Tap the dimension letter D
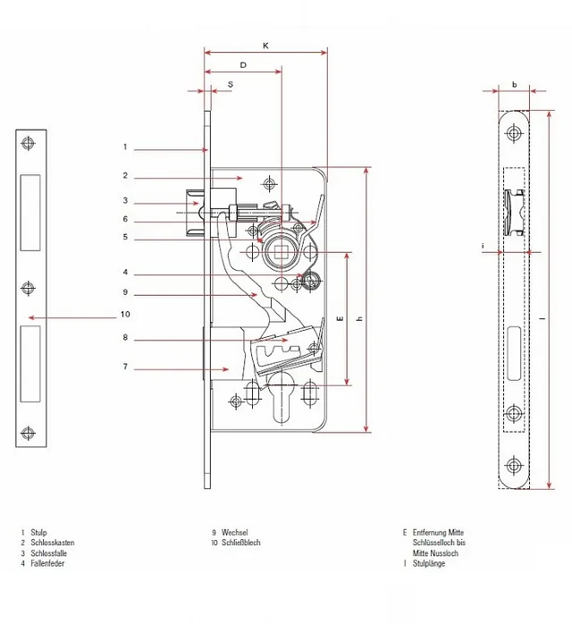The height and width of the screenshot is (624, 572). tap(243, 64)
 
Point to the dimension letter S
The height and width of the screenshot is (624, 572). tap(231, 83)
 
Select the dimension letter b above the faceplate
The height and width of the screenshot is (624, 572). tap(514, 84)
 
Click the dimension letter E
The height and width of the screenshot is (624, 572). tap(339, 317)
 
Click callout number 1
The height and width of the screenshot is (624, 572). tap(126, 147)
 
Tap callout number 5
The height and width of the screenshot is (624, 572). tap(126, 237)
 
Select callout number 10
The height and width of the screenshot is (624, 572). tap(126, 314)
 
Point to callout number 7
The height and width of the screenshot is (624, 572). tap(126, 367)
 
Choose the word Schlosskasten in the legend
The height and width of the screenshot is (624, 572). tap(50, 543)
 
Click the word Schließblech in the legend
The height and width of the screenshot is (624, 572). tap(241, 543)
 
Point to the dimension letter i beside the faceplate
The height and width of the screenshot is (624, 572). tap(482, 246)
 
